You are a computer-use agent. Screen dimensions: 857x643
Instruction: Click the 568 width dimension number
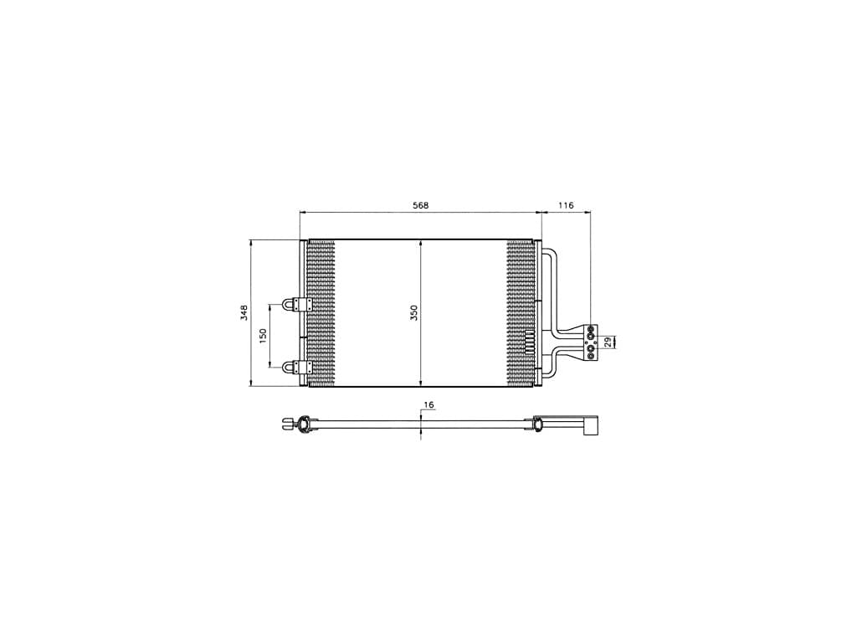coord(420,206)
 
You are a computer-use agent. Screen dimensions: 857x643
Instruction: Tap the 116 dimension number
coord(566,206)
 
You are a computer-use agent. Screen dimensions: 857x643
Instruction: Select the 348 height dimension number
coord(244,313)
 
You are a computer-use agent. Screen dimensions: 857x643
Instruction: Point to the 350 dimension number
coord(413,313)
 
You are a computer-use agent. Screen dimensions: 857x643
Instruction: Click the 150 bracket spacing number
coord(263,335)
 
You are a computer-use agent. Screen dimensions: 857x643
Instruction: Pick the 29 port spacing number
coord(608,342)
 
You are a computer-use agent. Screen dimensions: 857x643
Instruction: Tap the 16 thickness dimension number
coord(428,405)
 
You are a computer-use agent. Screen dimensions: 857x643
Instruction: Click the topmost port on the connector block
coord(591,329)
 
